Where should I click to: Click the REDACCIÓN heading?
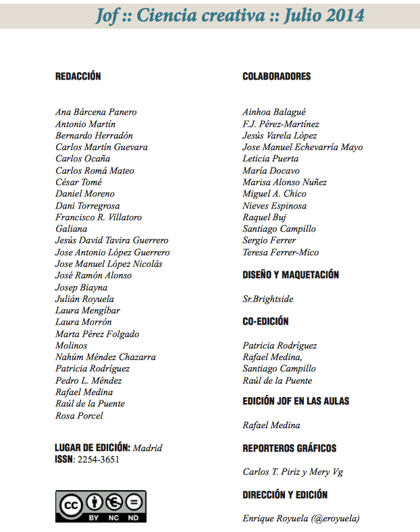point(78,76)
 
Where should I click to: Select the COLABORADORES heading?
point(276,76)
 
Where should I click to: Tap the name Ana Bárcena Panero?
point(96,112)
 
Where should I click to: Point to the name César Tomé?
point(78,182)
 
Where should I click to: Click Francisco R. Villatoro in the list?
point(99,217)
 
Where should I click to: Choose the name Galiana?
point(71,229)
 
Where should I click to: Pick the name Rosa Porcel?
point(79,416)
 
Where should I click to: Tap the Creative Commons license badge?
point(101,506)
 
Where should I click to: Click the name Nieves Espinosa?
point(274,206)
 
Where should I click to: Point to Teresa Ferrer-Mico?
point(280,252)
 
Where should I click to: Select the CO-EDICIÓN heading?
point(265,321)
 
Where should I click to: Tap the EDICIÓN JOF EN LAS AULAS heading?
point(296,401)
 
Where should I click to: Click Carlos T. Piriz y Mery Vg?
point(292,472)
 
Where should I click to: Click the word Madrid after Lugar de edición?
point(148,448)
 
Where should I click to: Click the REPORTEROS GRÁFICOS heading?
point(289,448)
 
